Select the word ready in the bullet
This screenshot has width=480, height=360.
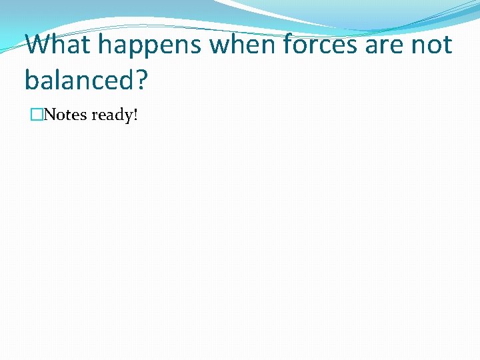coord(111,115)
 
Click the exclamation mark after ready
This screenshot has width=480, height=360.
coord(135,115)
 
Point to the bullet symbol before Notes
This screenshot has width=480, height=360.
coord(37,115)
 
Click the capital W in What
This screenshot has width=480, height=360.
coord(40,45)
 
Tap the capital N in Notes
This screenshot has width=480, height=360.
coord(50,115)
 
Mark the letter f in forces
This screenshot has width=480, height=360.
coord(289,45)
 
